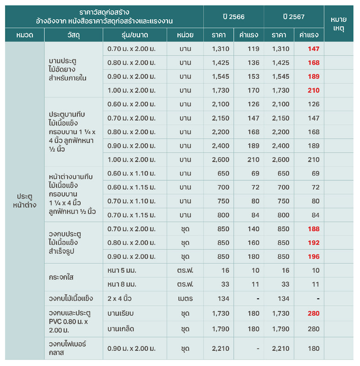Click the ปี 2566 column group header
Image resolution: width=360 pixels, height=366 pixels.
click(x=234, y=17)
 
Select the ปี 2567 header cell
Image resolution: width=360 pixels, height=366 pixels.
click(x=294, y=17)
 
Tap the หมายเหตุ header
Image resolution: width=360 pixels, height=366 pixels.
click(x=339, y=24)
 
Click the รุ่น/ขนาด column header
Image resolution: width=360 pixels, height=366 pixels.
click(x=134, y=35)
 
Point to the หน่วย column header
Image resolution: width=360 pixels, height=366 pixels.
click(x=185, y=35)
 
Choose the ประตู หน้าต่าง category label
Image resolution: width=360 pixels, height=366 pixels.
click(x=25, y=200)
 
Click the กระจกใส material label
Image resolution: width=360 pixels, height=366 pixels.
click(x=61, y=277)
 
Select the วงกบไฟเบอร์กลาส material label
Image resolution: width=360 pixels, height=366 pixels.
click(x=67, y=348)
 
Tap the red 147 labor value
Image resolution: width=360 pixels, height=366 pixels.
click(x=313, y=49)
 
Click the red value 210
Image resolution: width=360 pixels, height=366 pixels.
click(x=313, y=90)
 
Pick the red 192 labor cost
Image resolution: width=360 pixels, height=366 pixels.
click(x=313, y=243)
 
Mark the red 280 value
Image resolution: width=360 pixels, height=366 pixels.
click(x=313, y=313)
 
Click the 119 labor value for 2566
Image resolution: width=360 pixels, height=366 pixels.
click(x=253, y=49)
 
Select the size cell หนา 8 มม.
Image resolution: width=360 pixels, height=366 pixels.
click(x=122, y=284)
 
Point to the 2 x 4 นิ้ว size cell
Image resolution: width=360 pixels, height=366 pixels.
click(x=119, y=299)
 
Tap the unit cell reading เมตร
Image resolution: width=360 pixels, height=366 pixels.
click(x=185, y=299)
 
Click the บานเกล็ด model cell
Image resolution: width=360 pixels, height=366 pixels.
click(x=121, y=329)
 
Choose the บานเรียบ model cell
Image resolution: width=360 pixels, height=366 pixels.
click(x=120, y=313)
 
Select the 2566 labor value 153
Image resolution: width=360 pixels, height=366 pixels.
click(x=253, y=76)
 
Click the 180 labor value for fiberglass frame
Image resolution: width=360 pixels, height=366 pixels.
click(x=313, y=349)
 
